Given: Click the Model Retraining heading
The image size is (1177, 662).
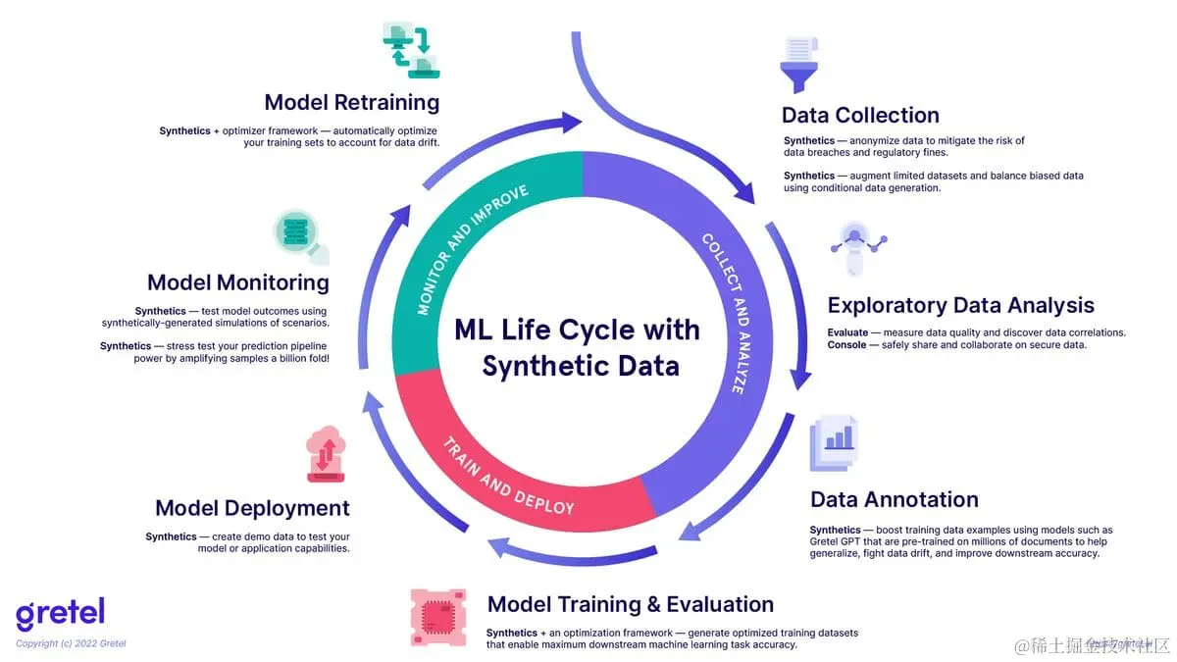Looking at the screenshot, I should pos(351,102).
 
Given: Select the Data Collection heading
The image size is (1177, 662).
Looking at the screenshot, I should pos(860,115).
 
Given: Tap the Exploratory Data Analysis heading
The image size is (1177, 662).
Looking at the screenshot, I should pos(960,305).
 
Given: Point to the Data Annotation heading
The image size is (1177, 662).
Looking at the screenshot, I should pos(894,499).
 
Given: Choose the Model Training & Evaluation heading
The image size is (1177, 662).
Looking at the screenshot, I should pos(630,604).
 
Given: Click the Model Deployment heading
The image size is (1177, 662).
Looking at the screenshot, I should pos(252,508).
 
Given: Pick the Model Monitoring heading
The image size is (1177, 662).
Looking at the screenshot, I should pos(237,282).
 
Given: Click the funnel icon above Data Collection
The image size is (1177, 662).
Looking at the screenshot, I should pos(798,65).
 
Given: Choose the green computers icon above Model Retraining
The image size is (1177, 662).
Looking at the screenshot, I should pos(410,50).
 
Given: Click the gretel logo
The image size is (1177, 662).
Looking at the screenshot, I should pos(60,614).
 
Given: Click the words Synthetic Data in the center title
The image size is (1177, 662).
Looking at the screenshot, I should pos(581,367).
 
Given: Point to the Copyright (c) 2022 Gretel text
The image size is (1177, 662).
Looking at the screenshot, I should pos(71,643).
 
